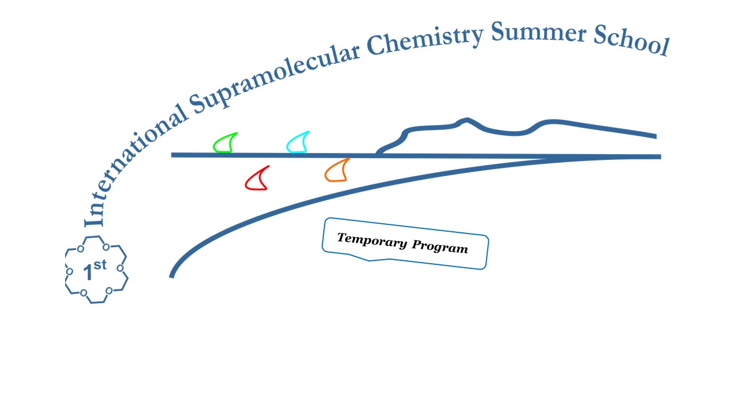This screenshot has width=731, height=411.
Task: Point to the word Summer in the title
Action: click(539, 33)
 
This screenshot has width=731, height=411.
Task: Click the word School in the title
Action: click(632, 41)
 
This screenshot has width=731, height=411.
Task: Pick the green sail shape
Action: click(225, 143)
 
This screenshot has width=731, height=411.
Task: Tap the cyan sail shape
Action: click(298, 142)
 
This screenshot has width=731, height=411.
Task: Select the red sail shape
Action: click(257, 178)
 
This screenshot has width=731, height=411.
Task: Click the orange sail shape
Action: click(337, 170)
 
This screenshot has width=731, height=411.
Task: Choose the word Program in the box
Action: click(440, 246)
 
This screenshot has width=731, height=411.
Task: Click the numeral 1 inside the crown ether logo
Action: click(88, 272)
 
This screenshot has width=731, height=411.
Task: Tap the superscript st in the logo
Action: click(100, 265)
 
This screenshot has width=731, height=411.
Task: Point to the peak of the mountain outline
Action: click(467, 120)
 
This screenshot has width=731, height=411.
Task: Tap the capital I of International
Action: click(93, 219)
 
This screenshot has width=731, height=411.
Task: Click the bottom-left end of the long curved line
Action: click(171, 277)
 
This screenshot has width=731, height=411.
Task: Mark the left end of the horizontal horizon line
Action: click(172, 155)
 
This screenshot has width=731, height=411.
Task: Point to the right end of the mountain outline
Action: click(656, 136)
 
